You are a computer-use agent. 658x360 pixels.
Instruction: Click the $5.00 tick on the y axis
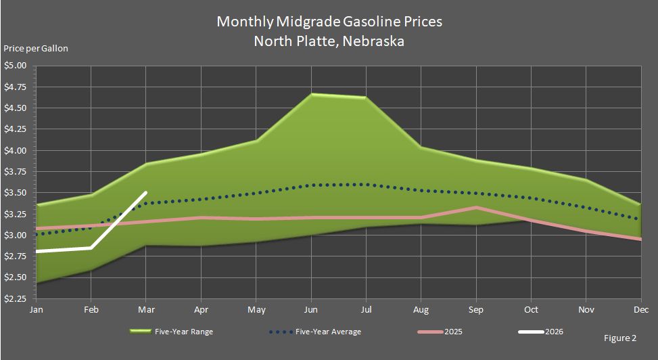15,66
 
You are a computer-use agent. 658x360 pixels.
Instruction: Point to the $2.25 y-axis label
15,298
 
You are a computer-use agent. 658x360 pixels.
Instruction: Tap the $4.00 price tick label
15,150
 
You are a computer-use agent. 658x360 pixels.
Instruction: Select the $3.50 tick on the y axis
15,193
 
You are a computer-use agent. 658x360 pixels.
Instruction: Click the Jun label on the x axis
311,309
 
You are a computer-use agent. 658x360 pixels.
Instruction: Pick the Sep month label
475,309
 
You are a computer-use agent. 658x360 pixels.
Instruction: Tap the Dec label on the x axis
640,309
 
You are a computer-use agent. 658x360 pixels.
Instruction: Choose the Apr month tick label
201,309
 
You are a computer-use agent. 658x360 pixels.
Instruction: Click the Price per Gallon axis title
36,48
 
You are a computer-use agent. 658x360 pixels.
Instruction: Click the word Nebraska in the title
373,41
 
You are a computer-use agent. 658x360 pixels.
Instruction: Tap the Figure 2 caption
620,336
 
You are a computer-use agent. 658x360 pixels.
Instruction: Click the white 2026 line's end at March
146,193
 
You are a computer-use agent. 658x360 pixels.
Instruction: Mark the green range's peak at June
312,94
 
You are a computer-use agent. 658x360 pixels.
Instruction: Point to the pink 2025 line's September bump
476,207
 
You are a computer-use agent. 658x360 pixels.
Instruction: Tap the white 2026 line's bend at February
91,248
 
